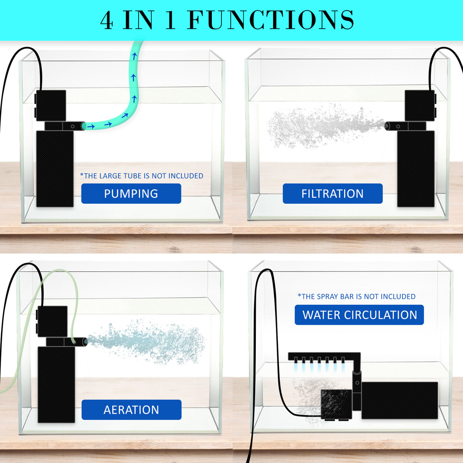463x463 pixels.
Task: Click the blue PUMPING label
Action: [131, 193]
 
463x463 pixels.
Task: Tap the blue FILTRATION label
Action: [332, 193]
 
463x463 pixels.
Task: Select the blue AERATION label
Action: [131, 409]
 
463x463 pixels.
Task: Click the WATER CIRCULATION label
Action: [359, 315]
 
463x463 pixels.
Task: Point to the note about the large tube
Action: [142, 176]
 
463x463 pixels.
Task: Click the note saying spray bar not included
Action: [357, 296]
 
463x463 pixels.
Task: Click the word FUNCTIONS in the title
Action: [270, 20]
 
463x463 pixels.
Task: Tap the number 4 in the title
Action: [107, 20]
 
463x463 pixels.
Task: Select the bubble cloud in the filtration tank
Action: [320, 125]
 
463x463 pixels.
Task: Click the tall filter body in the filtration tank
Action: [416, 169]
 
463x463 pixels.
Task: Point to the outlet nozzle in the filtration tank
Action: [392, 125]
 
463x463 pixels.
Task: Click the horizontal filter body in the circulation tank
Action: [399, 400]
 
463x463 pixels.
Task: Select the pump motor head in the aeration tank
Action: [52, 321]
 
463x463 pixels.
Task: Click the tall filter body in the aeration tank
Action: [56, 385]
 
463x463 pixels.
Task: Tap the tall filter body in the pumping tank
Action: [55, 169]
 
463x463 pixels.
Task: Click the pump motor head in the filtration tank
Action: [419, 105]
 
